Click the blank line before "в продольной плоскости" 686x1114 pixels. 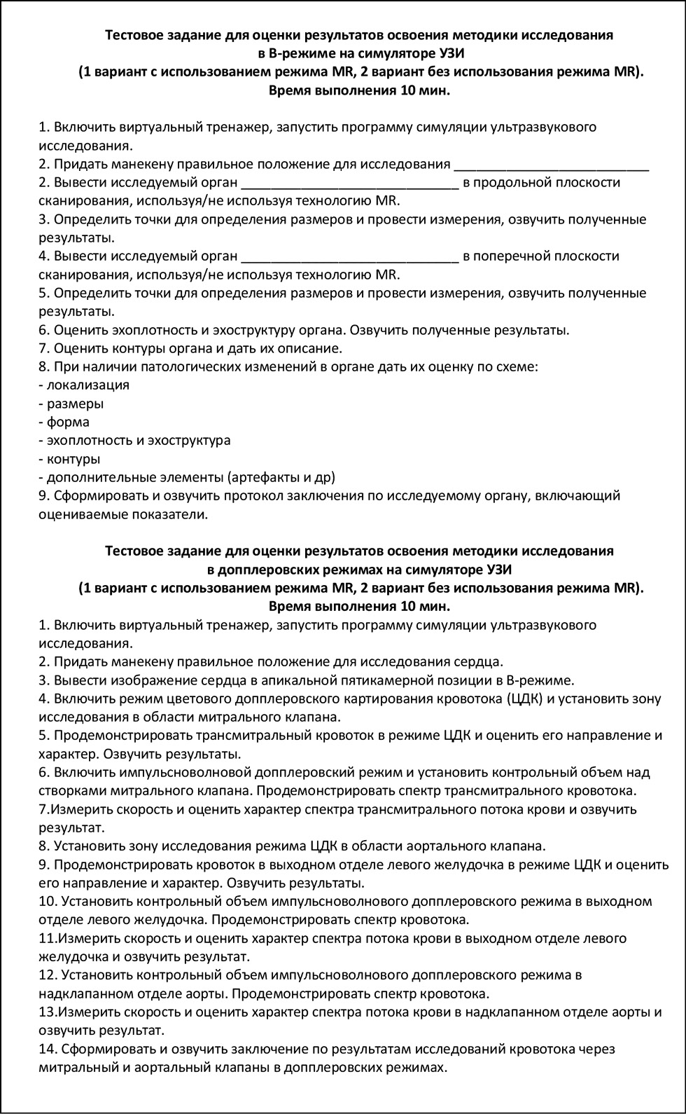pyautogui.click(x=349, y=186)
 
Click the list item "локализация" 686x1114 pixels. pyautogui.click(x=87, y=385)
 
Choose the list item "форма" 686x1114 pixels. pyautogui.click(x=68, y=422)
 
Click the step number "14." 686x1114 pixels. pyautogui.click(x=48, y=1049)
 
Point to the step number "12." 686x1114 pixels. pyautogui.click(x=48, y=975)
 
